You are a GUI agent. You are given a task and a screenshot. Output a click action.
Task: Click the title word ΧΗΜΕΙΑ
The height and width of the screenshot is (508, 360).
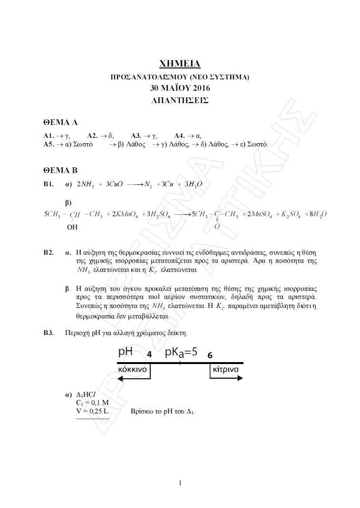[180, 63]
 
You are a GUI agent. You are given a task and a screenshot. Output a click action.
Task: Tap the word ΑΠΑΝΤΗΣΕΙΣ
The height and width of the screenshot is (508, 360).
[180, 100]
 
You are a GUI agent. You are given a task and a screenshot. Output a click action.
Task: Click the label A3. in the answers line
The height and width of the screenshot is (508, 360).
[136, 135]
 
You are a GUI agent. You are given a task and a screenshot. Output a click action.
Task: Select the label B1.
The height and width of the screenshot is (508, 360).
[49, 184]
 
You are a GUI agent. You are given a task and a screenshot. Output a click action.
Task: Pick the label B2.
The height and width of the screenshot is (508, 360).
[49, 252]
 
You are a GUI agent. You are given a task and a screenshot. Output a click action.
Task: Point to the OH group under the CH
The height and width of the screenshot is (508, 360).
[72, 228]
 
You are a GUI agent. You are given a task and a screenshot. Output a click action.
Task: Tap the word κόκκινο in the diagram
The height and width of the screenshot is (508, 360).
[132, 369]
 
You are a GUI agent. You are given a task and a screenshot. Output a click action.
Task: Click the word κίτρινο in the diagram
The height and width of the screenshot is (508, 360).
[226, 369]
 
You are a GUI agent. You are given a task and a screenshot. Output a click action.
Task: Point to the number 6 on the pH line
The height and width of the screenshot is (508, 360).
[210, 355]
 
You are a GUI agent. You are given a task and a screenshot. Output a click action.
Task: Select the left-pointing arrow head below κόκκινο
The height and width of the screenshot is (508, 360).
[120, 378]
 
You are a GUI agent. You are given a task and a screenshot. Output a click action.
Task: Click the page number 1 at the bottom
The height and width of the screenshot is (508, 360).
[180, 483]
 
